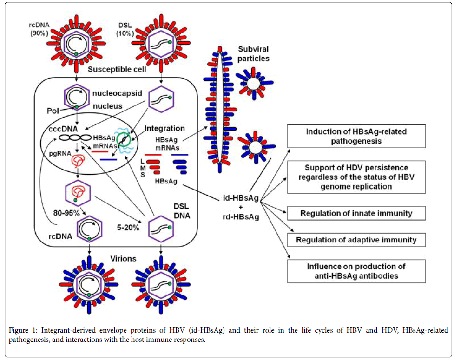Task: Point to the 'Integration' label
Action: point(164,128)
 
